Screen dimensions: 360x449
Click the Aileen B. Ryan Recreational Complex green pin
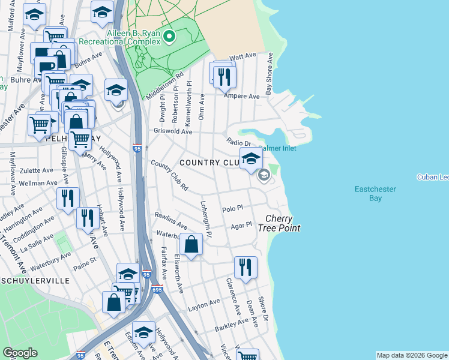170,37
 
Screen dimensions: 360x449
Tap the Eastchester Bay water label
375,193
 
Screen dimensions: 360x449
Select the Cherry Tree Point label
279,223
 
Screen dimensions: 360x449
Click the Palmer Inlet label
277,148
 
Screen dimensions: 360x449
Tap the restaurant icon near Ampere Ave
225,76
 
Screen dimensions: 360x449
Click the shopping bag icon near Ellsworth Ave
191,245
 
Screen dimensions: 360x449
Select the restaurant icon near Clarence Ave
245,267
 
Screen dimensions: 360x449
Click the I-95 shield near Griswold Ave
137,148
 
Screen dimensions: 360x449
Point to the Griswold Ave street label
173,131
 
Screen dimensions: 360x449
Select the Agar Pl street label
240,227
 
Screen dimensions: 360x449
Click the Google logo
20,353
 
